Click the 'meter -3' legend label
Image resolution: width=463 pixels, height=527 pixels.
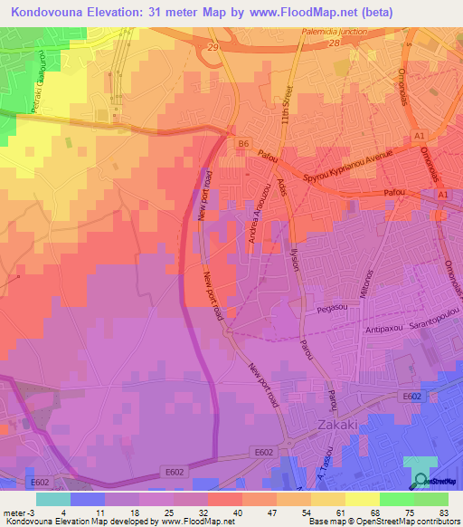20,511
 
